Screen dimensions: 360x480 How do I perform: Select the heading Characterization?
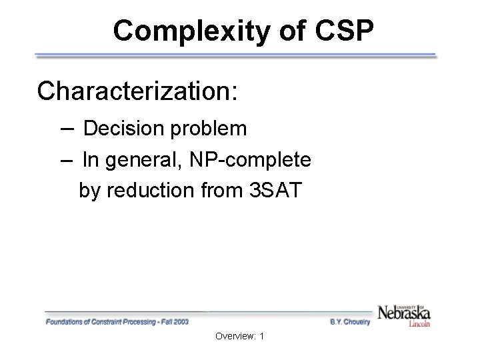(137, 91)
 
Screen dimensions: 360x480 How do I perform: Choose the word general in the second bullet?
(140, 160)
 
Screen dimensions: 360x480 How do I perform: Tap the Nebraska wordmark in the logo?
(404, 312)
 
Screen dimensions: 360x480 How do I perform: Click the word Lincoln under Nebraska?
(418, 323)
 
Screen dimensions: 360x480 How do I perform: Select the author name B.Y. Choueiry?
(350, 322)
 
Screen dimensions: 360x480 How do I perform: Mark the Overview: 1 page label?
(240, 336)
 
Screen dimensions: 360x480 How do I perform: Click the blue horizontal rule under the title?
(235, 55)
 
